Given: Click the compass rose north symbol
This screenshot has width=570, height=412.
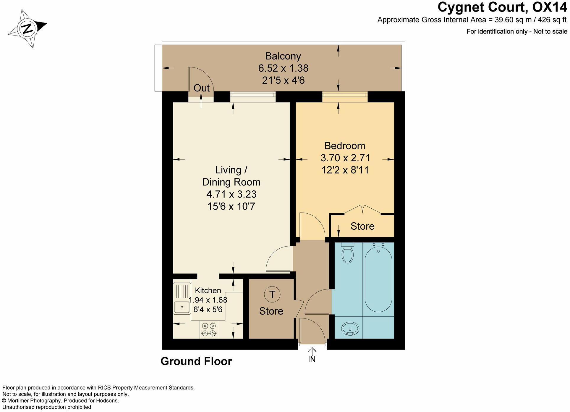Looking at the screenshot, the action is pos(27,29).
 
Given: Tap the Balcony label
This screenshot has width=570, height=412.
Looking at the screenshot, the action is pos(283,56).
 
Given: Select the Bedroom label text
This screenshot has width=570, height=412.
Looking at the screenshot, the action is pos(345,146).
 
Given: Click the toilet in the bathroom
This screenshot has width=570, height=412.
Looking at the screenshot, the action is pos(347,253).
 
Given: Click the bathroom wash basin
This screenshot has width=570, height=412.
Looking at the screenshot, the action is pos(350,329).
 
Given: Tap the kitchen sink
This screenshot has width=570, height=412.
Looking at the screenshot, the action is pos(182,299).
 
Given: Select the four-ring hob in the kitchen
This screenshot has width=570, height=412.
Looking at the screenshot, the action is pos(209,330).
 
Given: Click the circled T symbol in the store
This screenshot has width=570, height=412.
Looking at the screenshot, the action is pos(272,294).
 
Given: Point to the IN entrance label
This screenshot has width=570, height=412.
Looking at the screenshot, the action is pos(312,359).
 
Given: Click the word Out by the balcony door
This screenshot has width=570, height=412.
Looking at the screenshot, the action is pos(202,88).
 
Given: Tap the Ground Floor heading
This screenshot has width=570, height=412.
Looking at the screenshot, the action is pos(196,361).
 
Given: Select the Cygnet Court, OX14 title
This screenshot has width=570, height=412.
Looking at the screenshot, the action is pos(502,7).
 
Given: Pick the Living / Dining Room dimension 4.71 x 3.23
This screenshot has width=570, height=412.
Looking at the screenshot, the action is pos(231,194).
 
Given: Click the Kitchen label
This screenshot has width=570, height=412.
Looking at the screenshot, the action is pos(208,291).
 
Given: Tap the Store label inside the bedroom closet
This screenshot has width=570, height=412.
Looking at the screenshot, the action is pos(362,226).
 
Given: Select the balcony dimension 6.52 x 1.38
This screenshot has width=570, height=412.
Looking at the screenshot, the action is pos(283,68).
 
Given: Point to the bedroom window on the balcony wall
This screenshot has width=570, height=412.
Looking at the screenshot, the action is pos(345,95).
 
